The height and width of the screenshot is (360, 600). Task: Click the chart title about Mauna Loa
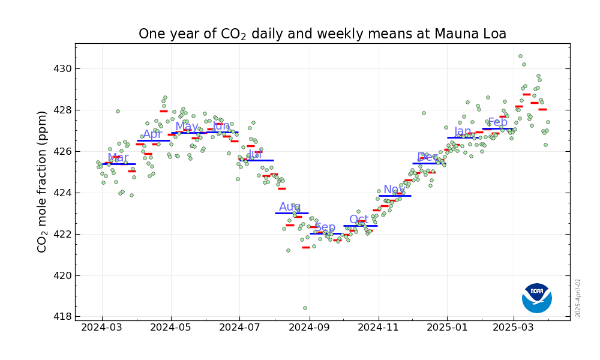(322, 34)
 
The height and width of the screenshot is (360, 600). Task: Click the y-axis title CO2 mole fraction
(42, 181)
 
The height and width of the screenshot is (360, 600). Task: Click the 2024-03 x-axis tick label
(102, 328)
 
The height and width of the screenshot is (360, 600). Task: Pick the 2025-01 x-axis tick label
(446, 328)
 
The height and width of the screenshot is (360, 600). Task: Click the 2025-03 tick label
(514, 328)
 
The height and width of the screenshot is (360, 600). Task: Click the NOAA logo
(537, 298)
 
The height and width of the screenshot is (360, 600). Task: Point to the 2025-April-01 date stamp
(578, 298)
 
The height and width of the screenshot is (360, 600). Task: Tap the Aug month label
(290, 207)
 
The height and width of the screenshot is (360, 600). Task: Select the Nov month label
(394, 190)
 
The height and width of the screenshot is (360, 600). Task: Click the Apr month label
(152, 134)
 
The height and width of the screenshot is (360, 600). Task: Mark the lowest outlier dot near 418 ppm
(305, 308)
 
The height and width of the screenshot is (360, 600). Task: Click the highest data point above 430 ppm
(520, 56)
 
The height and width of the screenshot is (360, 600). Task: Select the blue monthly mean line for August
(292, 213)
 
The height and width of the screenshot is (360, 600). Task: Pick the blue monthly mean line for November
(395, 196)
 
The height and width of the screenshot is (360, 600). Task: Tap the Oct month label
(359, 220)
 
